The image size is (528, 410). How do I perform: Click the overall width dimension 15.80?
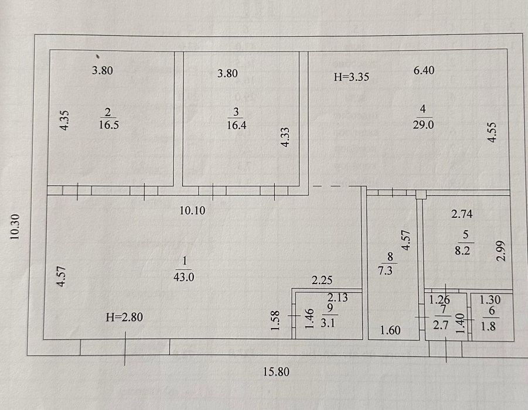coord(276,371)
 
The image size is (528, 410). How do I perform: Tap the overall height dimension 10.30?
coord(15,227)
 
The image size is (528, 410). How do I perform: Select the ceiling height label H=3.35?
coord(351,77)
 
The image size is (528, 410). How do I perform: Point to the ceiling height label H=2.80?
coord(124,317)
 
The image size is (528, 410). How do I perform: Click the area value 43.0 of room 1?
coord(183,277)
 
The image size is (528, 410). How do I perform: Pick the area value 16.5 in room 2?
coord(109,125)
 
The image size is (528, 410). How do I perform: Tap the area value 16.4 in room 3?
coord(236,125)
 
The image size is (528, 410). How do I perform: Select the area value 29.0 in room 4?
coord(423,125)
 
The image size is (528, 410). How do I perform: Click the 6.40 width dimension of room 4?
coord(424,70)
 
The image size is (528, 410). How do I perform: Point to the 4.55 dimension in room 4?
coord(492,132)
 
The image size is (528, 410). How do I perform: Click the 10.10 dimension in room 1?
coord(192,210)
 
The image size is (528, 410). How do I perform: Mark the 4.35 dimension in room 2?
coord(64,121)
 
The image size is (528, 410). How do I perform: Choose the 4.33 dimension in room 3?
coord(285,137)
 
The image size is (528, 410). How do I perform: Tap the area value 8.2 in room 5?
coord(462,251)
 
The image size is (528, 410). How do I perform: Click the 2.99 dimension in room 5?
coord(502,251)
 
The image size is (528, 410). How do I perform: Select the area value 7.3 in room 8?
coord(385,270)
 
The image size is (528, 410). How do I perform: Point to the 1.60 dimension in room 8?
coord(390,330)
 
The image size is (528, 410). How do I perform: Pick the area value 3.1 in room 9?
coord(328,323)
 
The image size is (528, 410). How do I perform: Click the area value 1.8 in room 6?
coord(488,326)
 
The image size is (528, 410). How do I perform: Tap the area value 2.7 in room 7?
coord(441,325)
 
